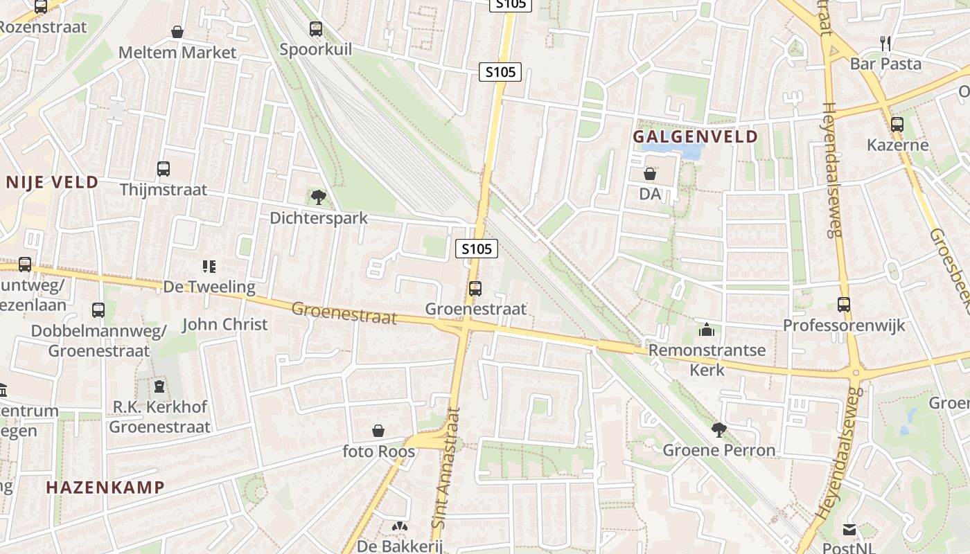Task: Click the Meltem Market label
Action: pos(177,52)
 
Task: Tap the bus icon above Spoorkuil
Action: pos(316,28)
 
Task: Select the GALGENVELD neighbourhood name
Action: pos(696,136)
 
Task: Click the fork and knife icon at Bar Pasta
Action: pos(885,43)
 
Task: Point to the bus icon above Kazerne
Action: pos(897,125)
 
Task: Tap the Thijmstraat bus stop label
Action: pos(164,189)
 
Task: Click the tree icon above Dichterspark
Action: pos(319,197)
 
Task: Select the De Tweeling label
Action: pos(209,286)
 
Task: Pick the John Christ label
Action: pos(224,324)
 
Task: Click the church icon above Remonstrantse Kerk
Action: pos(707,329)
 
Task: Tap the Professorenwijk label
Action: pos(844,325)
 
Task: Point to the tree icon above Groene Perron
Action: pos(719,430)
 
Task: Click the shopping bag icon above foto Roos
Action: pos(378,431)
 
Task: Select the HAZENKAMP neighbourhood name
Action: pos(105,487)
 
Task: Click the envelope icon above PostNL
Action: pos(849,530)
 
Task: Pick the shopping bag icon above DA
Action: pos(650,174)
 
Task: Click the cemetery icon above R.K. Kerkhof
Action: pos(160,386)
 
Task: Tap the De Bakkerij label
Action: pos(399,546)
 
